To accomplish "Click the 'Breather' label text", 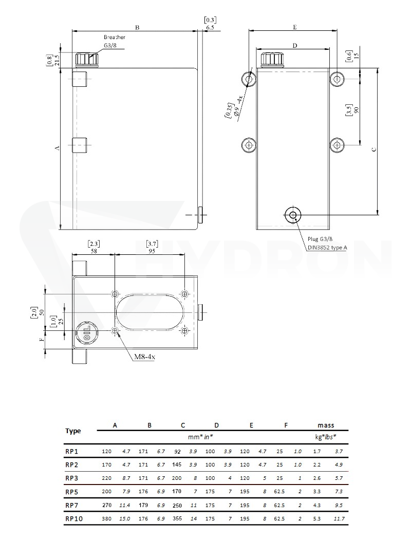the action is click(x=115, y=37).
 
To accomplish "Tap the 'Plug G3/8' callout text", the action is click(x=320, y=239).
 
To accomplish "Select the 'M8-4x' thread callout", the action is click(x=145, y=357).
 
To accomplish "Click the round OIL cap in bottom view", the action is click(x=87, y=332).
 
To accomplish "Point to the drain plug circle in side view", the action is click(x=293, y=215).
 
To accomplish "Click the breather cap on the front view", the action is click(x=87, y=59).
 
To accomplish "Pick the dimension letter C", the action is click(x=373, y=150).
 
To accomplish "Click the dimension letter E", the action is click(x=295, y=27).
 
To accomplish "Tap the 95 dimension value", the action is click(x=152, y=251).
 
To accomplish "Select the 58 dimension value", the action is click(x=94, y=251).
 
